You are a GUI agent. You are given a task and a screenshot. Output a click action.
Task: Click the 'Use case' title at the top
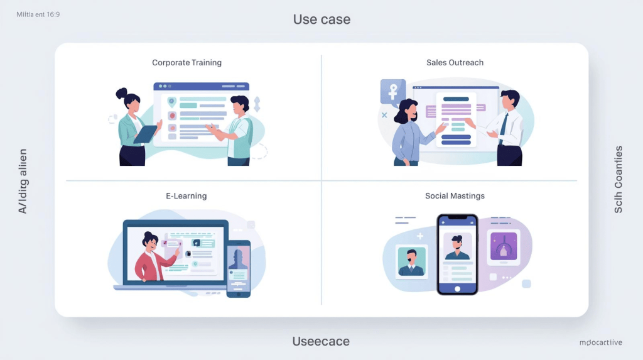tap(321, 19)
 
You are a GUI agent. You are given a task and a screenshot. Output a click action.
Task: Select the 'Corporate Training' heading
tap(186, 63)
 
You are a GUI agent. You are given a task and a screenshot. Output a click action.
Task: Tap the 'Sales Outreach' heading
tap(455, 63)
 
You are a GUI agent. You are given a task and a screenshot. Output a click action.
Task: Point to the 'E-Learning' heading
tap(186, 196)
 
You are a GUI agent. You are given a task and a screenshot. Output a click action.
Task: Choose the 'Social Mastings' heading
tap(455, 196)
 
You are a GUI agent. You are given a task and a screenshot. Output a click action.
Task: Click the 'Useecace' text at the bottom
tap(321, 342)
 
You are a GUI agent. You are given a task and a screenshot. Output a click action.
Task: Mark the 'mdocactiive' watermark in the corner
tap(601, 342)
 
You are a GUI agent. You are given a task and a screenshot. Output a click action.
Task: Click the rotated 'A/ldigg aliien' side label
tap(23, 182)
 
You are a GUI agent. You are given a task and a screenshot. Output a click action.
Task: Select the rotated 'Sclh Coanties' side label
tap(619, 180)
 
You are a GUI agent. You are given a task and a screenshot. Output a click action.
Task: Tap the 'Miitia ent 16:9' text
tap(38, 13)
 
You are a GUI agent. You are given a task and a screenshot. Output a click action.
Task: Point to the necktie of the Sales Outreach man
tap(503, 129)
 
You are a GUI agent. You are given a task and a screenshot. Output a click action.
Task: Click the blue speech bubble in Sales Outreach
tap(392, 92)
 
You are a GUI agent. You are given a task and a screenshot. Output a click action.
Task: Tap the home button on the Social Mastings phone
tap(457, 289)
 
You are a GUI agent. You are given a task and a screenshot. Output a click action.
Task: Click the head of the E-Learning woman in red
tap(150, 241)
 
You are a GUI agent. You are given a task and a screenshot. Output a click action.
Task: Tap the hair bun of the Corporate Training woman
tap(121, 94)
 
